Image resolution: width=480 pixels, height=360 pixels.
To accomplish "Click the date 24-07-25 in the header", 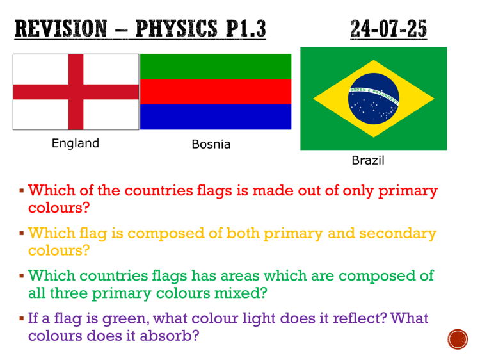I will tap(388, 29).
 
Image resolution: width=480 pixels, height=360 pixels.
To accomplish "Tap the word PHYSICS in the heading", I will tap(175, 29).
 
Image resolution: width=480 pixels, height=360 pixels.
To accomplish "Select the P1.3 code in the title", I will tap(244, 29).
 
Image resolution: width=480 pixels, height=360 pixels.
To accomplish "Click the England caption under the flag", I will tap(76, 143).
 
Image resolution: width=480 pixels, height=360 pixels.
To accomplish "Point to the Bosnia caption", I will tap(211, 144).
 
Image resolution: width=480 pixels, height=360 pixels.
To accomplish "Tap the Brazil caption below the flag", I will tap(368, 160).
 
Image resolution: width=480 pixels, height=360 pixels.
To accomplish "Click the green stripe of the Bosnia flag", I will tap(216, 67).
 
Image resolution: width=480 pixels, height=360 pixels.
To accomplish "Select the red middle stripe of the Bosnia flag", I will tap(216, 92).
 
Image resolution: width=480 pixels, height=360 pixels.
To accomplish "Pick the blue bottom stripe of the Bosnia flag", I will tap(216, 117).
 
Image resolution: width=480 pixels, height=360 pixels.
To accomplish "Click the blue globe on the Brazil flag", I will tap(374, 99).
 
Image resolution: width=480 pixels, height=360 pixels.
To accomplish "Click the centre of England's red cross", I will tap(76, 92).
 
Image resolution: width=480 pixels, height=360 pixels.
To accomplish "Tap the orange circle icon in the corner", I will tap(458, 339).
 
